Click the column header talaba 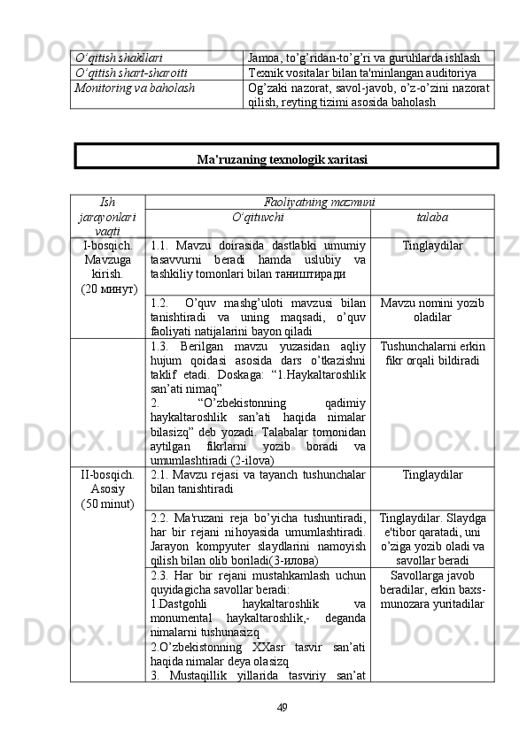[430, 217]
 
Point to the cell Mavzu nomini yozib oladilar [430, 311]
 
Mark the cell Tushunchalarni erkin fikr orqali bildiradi [430, 354]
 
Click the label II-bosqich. [110, 475]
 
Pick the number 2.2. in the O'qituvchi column [160, 517]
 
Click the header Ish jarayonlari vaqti [110, 216]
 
